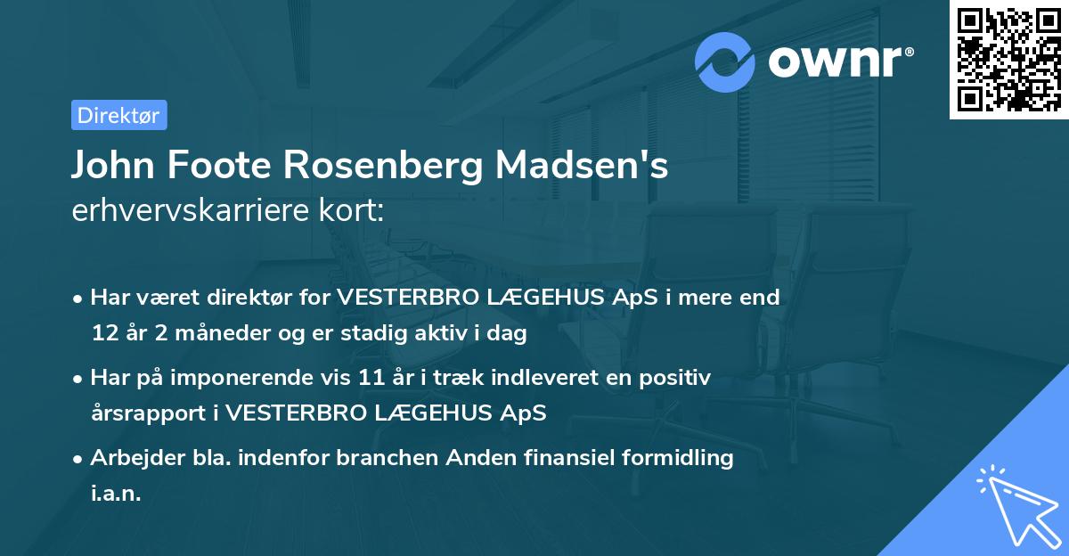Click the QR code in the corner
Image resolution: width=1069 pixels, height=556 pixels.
point(1008,60)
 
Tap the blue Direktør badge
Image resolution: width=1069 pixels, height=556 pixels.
point(118,115)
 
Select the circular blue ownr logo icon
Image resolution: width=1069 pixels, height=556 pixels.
point(725,61)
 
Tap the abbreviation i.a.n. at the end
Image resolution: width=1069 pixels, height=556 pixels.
point(116,493)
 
